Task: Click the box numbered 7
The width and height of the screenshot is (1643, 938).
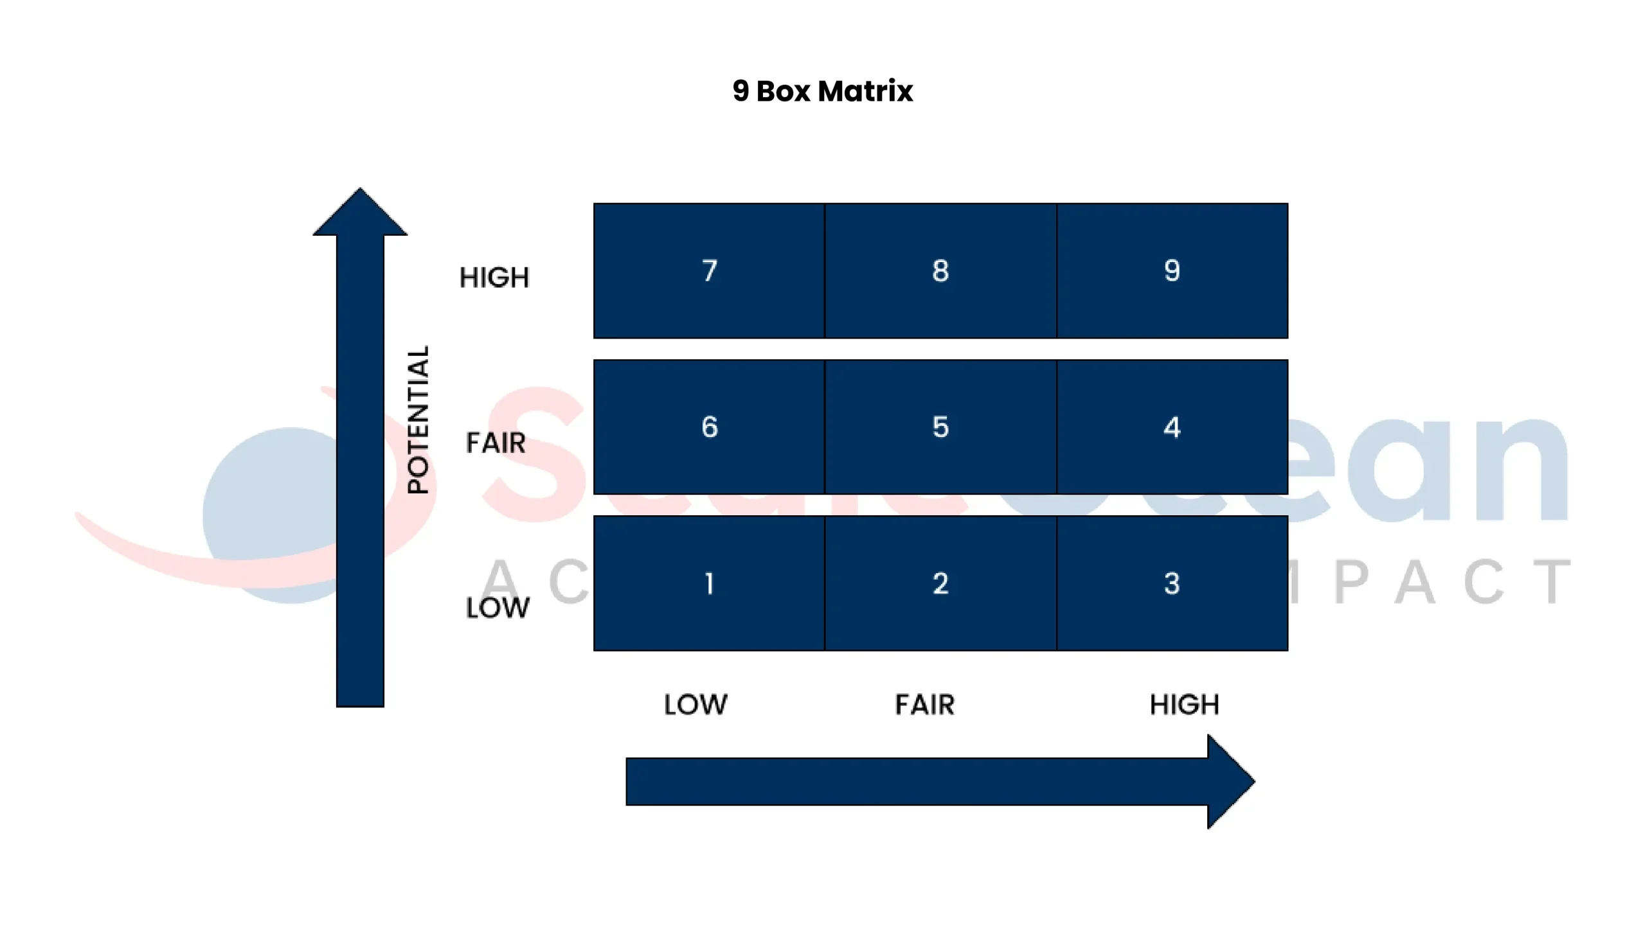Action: pos(708,270)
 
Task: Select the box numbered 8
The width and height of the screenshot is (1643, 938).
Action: pos(940,270)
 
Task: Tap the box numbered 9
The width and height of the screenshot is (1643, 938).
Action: pos(1171,270)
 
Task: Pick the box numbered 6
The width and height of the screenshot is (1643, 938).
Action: pos(708,427)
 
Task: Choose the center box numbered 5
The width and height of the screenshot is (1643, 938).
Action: pos(940,427)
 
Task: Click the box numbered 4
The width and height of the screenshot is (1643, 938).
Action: pos(1171,427)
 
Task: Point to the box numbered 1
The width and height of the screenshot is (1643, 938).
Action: pos(708,583)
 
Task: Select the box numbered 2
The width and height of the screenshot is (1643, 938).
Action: pos(940,583)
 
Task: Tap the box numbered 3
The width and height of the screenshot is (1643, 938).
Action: pos(1171,583)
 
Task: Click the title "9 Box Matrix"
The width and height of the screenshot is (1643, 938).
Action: pos(822,91)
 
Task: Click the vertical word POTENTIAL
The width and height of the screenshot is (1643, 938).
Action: pos(418,420)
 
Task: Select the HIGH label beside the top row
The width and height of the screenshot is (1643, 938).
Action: pos(494,278)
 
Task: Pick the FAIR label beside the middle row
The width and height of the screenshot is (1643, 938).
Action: pos(495,443)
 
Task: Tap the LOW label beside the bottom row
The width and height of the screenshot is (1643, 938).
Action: pos(497,608)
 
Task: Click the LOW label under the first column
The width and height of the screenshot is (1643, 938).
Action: pos(695,704)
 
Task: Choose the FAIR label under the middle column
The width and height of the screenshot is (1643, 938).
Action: pos(924,704)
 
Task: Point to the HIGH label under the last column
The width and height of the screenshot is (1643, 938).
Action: pos(1183,704)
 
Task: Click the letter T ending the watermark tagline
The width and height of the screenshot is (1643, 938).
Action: pos(1551,581)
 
